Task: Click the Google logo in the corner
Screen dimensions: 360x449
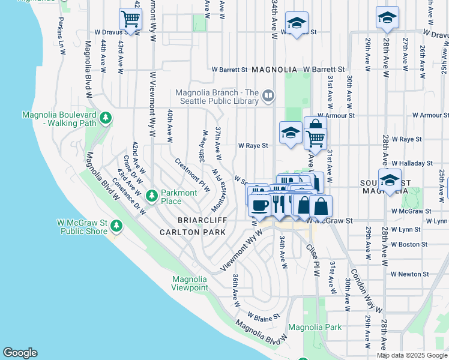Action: coord(20,353)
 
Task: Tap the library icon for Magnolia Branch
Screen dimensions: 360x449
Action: coord(268,95)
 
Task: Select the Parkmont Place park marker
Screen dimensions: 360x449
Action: coord(152,195)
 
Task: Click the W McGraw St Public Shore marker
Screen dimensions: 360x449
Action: coord(116,226)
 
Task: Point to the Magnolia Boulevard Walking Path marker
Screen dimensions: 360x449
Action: coord(106,118)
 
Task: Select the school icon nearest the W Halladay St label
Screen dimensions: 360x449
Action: coord(390,180)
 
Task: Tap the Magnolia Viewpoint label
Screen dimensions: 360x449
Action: coord(190,283)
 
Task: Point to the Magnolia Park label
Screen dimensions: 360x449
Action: coord(315,327)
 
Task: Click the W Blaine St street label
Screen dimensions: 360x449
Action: coord(264,315)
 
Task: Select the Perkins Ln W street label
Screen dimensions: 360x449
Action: coord(61,40)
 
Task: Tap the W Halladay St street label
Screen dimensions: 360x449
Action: coord(412,163)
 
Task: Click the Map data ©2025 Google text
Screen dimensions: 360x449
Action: coord(412,355)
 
